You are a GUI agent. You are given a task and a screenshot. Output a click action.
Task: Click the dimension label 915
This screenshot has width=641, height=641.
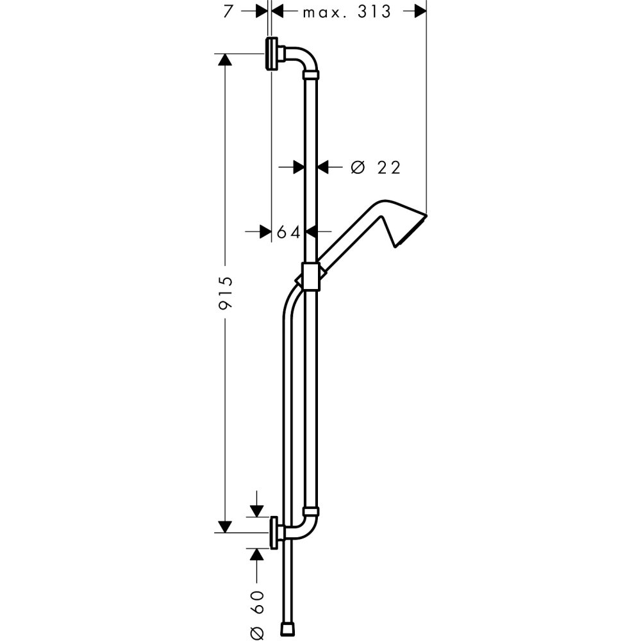point(225,294)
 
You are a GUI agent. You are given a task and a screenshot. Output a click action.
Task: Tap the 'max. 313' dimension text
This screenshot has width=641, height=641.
point(347,12)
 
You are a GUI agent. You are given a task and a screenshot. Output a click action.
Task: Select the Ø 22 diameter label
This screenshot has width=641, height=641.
point(376,167)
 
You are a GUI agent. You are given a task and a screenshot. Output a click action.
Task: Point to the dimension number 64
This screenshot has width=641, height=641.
point(288,232)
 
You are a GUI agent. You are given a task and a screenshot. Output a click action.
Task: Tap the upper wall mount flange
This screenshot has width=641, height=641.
point(272,54)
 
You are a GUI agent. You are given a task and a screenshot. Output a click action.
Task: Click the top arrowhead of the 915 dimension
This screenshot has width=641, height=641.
point(224,59)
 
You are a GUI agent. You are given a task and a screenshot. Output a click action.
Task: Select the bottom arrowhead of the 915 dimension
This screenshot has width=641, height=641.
point(224,527)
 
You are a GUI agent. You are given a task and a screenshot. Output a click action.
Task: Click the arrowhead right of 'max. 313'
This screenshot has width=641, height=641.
point(419,11)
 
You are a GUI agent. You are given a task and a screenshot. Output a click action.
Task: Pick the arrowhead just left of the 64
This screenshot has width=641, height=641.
point(263,231)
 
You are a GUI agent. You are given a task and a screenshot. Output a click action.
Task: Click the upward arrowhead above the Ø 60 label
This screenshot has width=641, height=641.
point(257,554)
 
